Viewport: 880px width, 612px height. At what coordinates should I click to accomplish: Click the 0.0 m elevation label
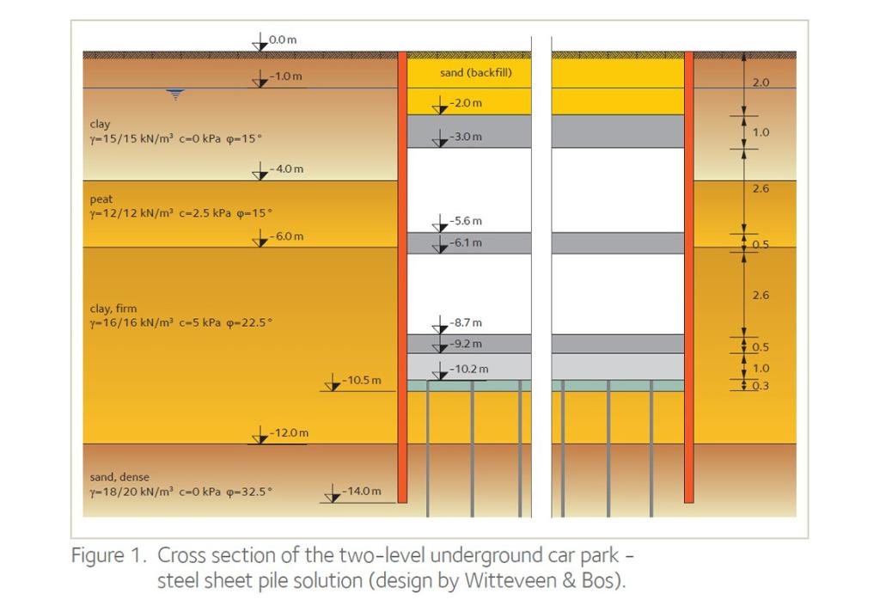pyautogui.click(x=282, y=40)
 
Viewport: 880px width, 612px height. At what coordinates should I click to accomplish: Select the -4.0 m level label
pyautogui.click(x=286, y=168)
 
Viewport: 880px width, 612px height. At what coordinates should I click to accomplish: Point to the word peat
pyautogui.click(x=101, y=199)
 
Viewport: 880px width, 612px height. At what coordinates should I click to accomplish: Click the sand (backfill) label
pyautogui.click(x=476, y=72)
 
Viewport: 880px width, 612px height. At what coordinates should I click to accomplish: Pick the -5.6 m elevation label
pyautogui.click(x=465, y=221)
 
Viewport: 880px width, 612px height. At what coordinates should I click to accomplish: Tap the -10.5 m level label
pyautogui.click(x=362, y=380)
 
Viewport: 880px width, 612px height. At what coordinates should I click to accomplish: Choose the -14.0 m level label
pyautogui.click(x=362, y=492)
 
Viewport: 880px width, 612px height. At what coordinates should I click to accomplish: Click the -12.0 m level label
pyautogui.click(x=289, y=433)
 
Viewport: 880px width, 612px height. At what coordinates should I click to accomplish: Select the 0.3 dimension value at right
pyautogui.click(x=761, y=386)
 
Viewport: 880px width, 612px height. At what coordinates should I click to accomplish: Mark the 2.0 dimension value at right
pyautogui.click(x=761, y=83)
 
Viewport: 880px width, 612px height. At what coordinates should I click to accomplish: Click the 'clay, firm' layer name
pyautogui.click(x=113, y=309)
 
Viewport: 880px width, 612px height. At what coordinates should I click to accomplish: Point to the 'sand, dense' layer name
pyautogui.click(x=119, y=477)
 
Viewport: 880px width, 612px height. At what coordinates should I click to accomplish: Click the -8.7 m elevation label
pyautogui.click(x=465, y=323)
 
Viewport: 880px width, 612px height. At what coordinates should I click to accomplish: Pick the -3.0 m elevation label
pyautogui.click(x=465, y=137)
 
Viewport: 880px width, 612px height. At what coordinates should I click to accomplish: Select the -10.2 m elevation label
pyautogui.click(x=468, y=369)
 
